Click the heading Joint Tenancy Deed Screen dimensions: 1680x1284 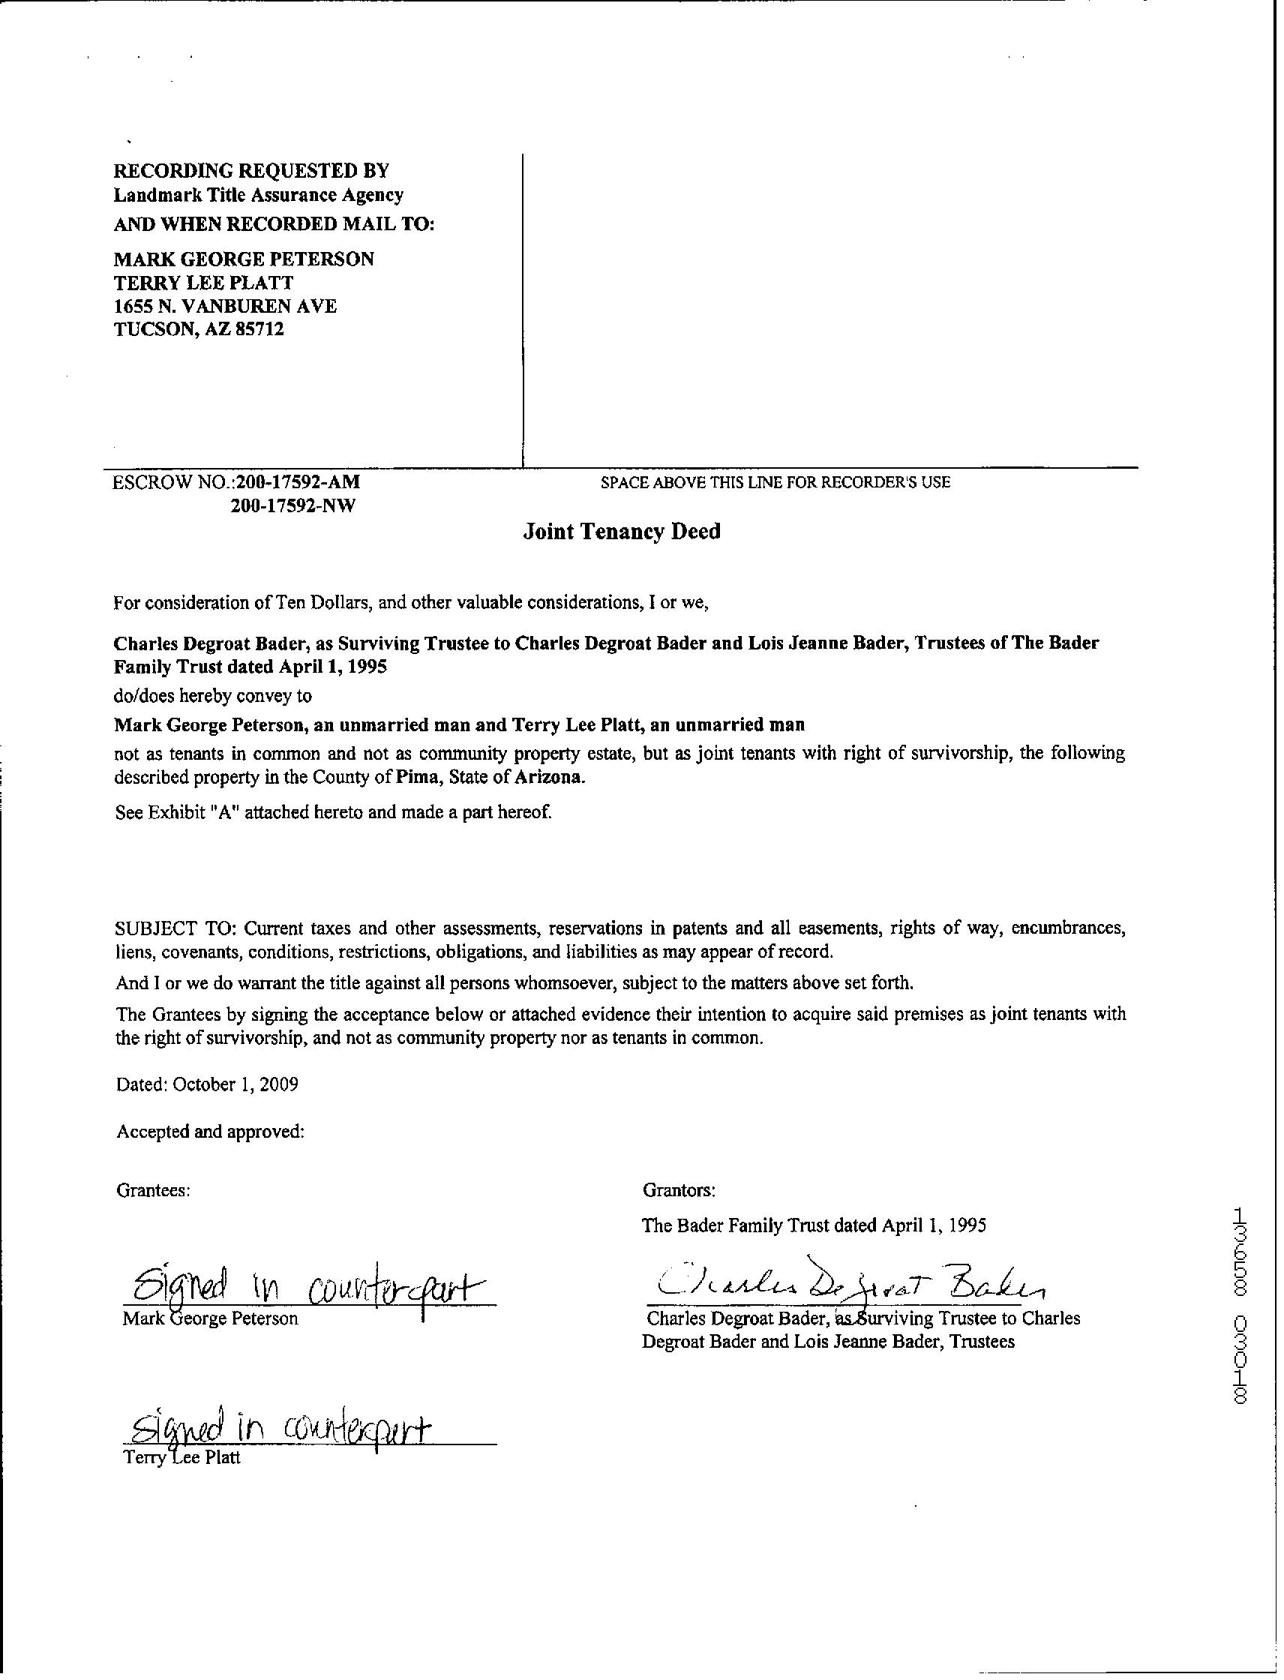(621, 532)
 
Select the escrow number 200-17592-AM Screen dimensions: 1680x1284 (297, 482)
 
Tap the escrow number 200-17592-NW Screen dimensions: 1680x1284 (292, 506)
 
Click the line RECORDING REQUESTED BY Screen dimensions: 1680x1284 (251, 170)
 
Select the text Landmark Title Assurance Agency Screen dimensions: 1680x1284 (258, 196)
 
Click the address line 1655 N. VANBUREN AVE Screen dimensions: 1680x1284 (226, 307)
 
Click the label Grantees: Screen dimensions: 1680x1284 (153, 1190)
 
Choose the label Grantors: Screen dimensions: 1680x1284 (679, 1190)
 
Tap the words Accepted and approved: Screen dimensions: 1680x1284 (211, 1132)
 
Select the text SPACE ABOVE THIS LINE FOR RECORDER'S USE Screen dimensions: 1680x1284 (775, 482)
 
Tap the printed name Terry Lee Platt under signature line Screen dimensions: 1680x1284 (182, 1457)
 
